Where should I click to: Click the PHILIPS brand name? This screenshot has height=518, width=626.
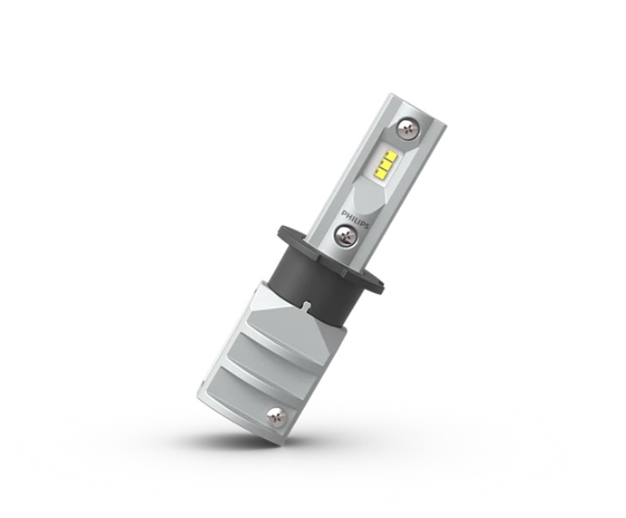[355, 219]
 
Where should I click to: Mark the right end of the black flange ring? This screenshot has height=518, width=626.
[385, 286]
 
